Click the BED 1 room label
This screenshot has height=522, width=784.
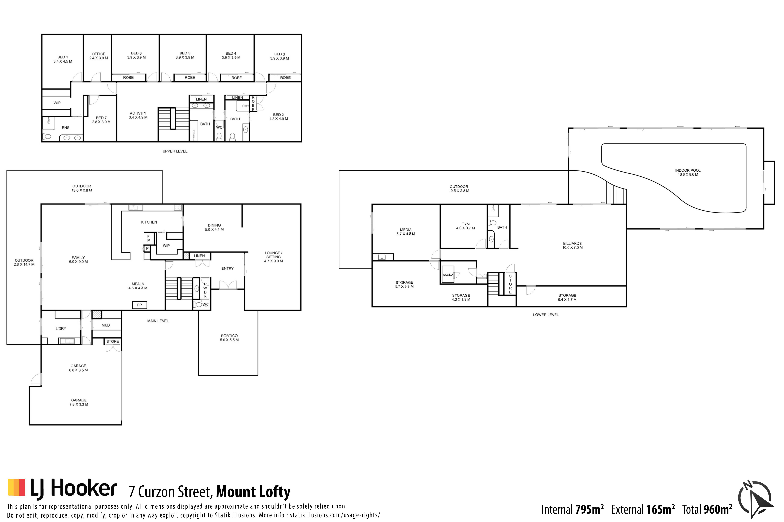point(63,59)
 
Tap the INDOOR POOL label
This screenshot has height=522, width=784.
point(688,172)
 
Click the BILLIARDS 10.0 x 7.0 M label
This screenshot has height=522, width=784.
point(572,245)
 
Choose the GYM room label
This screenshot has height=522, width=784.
point(465,226)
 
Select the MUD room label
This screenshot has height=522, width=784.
point(106,325)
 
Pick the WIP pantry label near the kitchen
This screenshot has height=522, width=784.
point(166,246)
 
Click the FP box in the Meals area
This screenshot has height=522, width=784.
point(139,305)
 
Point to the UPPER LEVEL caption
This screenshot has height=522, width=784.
point(175,151)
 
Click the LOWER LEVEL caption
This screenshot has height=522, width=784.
point(546,315)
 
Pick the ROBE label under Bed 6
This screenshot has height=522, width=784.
point(128,78)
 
